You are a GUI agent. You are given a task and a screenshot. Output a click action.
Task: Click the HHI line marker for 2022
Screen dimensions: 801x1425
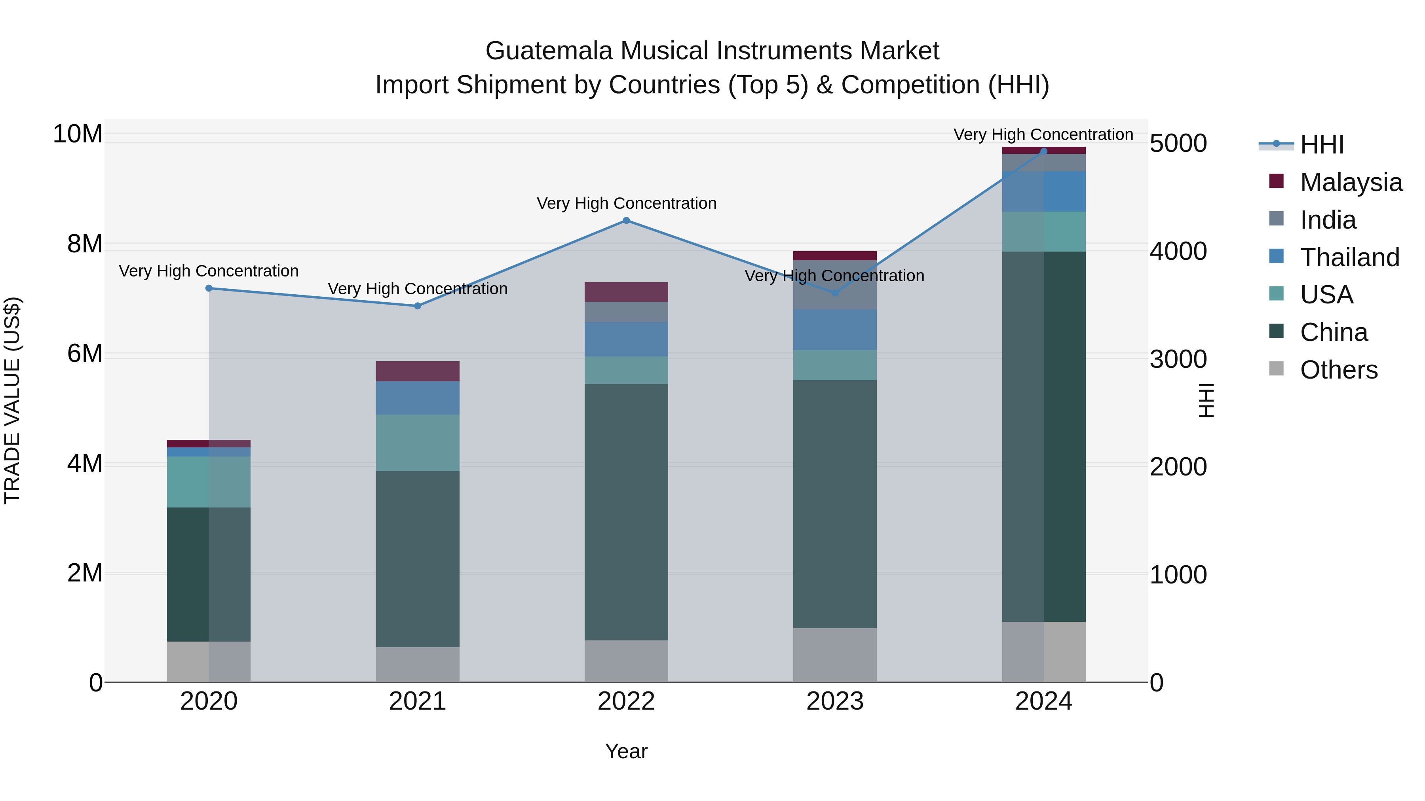point(626,221)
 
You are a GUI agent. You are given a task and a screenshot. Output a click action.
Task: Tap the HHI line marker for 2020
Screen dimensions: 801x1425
point(209,288)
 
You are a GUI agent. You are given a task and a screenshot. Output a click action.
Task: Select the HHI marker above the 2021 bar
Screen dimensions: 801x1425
point(418,306)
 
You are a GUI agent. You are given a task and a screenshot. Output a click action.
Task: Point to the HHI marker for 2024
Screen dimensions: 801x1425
point(1044,151)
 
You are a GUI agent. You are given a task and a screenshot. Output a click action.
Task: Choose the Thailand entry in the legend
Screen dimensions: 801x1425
point(1349,257)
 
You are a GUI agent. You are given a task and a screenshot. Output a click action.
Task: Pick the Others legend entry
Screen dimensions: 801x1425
point(1338,370)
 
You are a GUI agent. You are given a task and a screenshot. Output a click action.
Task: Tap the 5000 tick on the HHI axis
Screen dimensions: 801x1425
point(1178,144)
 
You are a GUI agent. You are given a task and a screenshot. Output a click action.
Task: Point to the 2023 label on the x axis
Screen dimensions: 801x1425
point(835,701)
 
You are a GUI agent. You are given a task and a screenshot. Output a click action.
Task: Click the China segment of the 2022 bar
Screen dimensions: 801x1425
point(626,511)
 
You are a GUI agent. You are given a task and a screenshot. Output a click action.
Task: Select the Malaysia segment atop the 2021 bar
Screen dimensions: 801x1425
point(418,371)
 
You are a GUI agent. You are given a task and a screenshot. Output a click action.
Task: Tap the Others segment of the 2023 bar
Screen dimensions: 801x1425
point(835,655)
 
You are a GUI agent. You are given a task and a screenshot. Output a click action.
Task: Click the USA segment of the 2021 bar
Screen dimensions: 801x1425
point(418,442)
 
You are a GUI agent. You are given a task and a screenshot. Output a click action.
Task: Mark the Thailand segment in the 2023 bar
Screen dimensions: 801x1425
point(835,329)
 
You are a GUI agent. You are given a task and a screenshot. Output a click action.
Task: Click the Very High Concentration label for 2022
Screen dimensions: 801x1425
point(626,203)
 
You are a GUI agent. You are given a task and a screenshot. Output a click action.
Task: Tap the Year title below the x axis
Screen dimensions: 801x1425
point(626,751)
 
